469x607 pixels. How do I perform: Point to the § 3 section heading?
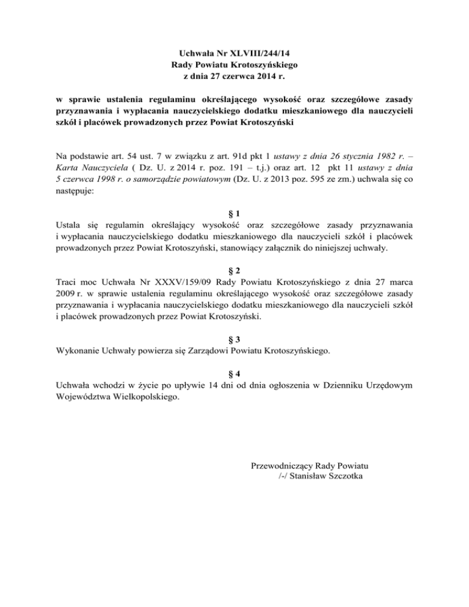(234, 339)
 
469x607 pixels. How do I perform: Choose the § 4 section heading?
(234, 373)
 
